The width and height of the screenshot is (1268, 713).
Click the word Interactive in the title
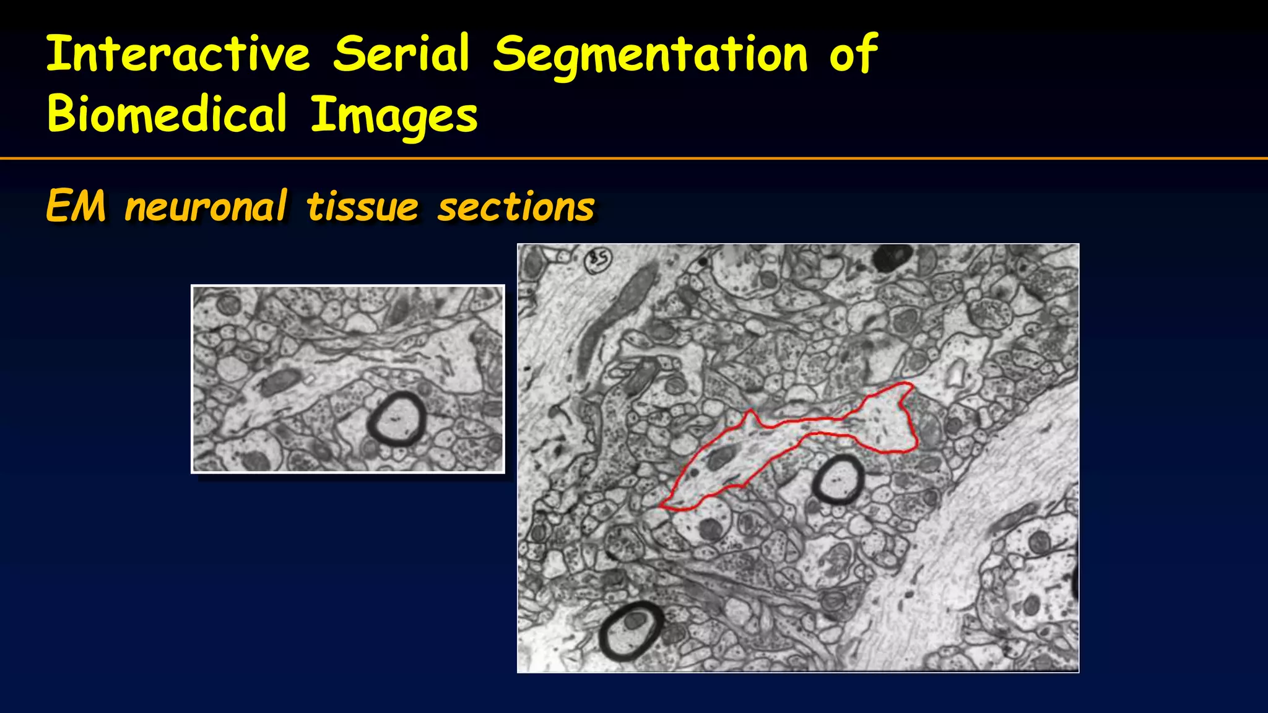[178, 54]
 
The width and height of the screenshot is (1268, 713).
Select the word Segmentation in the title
[650, 56]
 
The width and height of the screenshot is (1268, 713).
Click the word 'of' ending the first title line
[853, 54]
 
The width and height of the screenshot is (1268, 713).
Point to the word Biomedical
[167, 114]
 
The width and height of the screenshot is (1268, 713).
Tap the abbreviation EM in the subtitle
[76, 207]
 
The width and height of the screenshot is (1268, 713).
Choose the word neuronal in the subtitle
[206, 207]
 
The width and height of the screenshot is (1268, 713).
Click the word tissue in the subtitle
[363, 207]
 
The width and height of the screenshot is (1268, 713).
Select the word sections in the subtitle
[516, 207]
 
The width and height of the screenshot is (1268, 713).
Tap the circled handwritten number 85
[599, 259]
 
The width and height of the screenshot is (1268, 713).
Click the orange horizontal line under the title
[634, 159]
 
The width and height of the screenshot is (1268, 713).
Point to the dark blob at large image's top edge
[892, 256]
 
